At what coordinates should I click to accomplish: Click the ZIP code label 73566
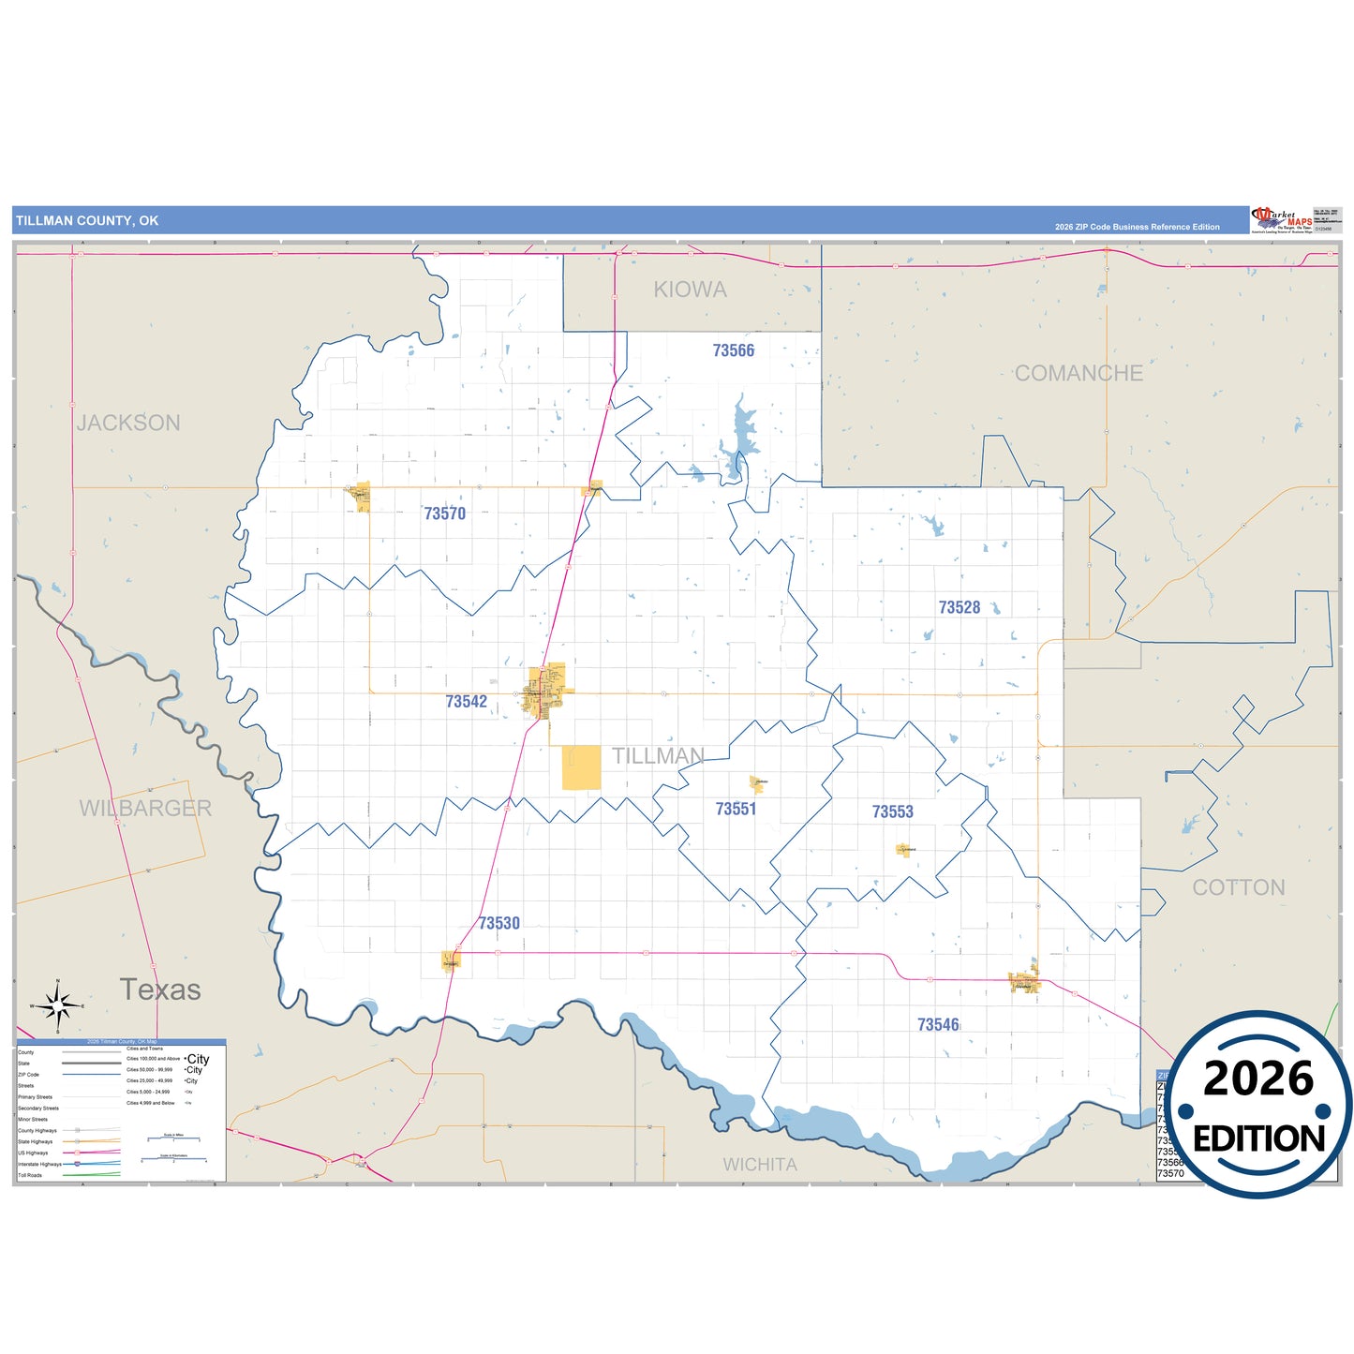click(x=733, y=350)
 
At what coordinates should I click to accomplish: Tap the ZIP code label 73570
click(x=444, y=513)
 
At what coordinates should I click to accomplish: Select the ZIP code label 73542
click(x=466, y=702)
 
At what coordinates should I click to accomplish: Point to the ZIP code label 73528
click(x=959, y=607)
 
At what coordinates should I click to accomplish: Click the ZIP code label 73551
click(x=736, y=809)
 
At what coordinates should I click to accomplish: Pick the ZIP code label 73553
click(x=892, y=811)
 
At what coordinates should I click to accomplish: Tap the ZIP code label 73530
click(x=498, y=923)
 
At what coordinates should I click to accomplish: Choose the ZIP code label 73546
click(x=938, y=1025)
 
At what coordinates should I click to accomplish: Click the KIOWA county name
click(x=690, y=290)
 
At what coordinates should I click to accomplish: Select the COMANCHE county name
click(x=1079, y=373)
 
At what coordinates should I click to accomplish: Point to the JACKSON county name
click(x=128, y=423)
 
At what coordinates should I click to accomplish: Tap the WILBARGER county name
click(x=145, y=808)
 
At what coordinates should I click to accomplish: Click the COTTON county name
click(x=1238, y=887)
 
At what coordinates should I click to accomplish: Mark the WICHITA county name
click(x=760, y=1165)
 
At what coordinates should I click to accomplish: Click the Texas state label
click(x=160, y=989)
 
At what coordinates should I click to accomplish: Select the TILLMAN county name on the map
click(x=658, y=756)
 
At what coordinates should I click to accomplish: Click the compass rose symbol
click(x=58, y=1006)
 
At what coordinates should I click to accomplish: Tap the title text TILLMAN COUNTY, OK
click(x=87, y=221)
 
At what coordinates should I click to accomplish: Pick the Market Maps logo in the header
click(x=1282, y=220)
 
